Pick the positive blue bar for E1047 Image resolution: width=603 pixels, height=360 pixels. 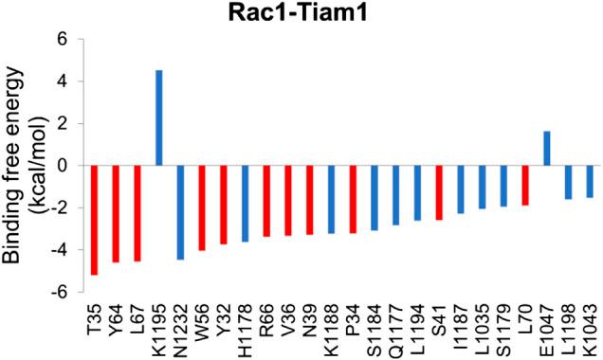(x=547, y=148)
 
